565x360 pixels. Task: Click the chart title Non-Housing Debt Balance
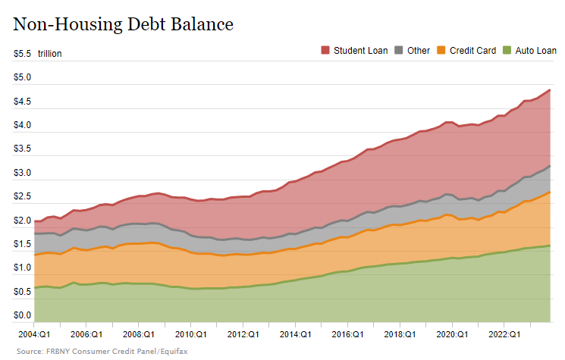click(123, 24)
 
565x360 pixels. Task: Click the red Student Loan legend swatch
click(325, 51)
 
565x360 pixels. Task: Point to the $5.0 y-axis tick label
click(22, 78)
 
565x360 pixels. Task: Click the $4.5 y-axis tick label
click(22, 102)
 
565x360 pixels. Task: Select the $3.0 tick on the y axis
click(22, 174)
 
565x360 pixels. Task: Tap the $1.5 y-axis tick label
click(22, 244)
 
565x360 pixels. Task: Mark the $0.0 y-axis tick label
click(22, 315)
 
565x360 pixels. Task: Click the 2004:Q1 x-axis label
click(34, 333)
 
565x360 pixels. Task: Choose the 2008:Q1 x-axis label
click(139, 333)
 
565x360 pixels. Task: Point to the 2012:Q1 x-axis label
click(243, 333)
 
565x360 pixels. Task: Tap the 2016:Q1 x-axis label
click(347, 333)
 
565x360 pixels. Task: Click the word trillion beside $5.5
click(49, 54)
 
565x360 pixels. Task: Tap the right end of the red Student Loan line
click(550, 90)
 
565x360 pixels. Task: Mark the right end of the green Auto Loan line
click(550, 246)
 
